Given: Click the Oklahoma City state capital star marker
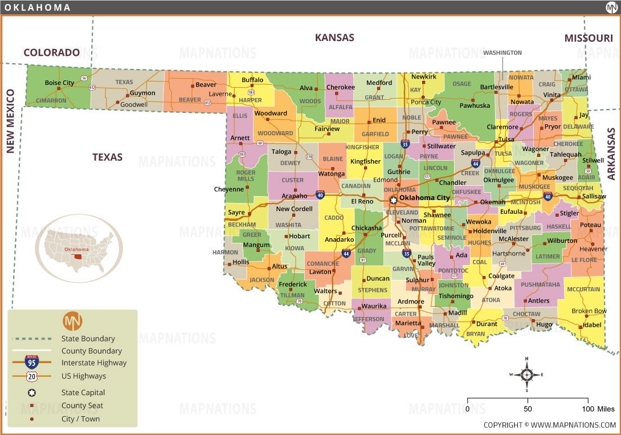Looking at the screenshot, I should click(x=393, y=200).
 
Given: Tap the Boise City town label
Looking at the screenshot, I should click(x=59, y=83).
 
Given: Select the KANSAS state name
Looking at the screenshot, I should click(x=334, y=38).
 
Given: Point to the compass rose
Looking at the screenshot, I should click(x=527, y=375).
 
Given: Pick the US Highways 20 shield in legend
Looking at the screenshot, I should click(x=32, y=376).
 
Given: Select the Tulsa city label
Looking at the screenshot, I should click(x=505, y=140).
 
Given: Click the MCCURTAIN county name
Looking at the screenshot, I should click(x=583, y=290).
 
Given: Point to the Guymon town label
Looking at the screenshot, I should click(x=142, y=93).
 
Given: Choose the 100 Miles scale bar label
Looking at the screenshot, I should click(x=598, y=409).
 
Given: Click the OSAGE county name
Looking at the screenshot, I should click(x=461, y=84).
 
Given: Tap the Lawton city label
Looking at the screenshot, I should click(x=320, y=272).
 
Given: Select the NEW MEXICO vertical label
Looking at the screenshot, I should click(x=10, y=121).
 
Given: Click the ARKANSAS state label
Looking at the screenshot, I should click(x=611, y=154).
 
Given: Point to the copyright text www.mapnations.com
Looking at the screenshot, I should click(x=549, y=425).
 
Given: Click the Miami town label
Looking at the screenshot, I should click(x=582, y=78).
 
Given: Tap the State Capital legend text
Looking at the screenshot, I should click(x=83, y=393).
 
